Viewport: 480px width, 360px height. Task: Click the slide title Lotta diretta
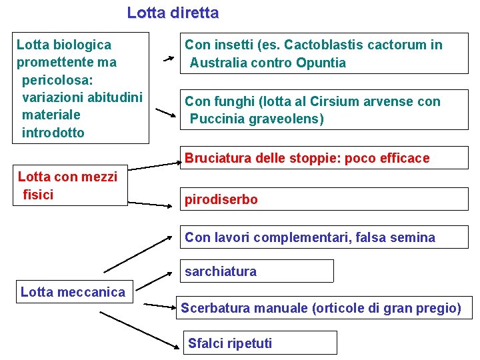pyautogui.click(x=173, y=13)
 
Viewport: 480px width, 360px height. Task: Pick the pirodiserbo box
pyautogui.click(x=325, y=199)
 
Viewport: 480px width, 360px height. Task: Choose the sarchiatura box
pyautogui.click(x=257, y=271)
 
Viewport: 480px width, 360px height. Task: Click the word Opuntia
pyautogui.click(x=323, y=63)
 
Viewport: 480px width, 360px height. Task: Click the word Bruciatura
pyautogui.click(x=217, y=159)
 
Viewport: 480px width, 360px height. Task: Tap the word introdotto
pyautogui.click(x=53, y=133)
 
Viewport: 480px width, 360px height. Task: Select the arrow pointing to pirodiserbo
pyautogui.click(x=150, y=204)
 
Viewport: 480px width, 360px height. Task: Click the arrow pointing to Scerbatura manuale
pyautogui.click(x=159, y=306)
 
